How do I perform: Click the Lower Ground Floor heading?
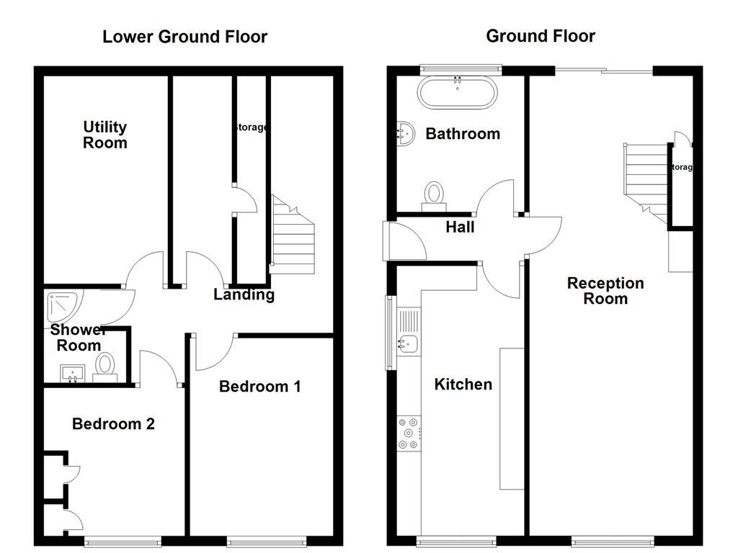coord(184,37)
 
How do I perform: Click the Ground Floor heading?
coord(541,36)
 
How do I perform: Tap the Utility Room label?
coord(105,135)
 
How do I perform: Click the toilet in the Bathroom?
coord(434,194)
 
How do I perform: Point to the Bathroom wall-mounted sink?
coord(406,134)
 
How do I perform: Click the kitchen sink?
coord(409,344)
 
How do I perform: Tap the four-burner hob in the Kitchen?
coord(409,433)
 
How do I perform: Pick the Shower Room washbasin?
coord(72,373)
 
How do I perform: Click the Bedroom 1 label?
coord(259,387)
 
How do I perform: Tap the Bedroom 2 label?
coord(113,424)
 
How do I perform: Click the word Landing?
coord(244,295)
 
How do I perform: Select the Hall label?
coord(460,228)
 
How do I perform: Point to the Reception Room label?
coord(605,291)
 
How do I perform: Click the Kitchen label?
coord(463,385)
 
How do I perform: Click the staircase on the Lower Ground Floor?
coord(293,236)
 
